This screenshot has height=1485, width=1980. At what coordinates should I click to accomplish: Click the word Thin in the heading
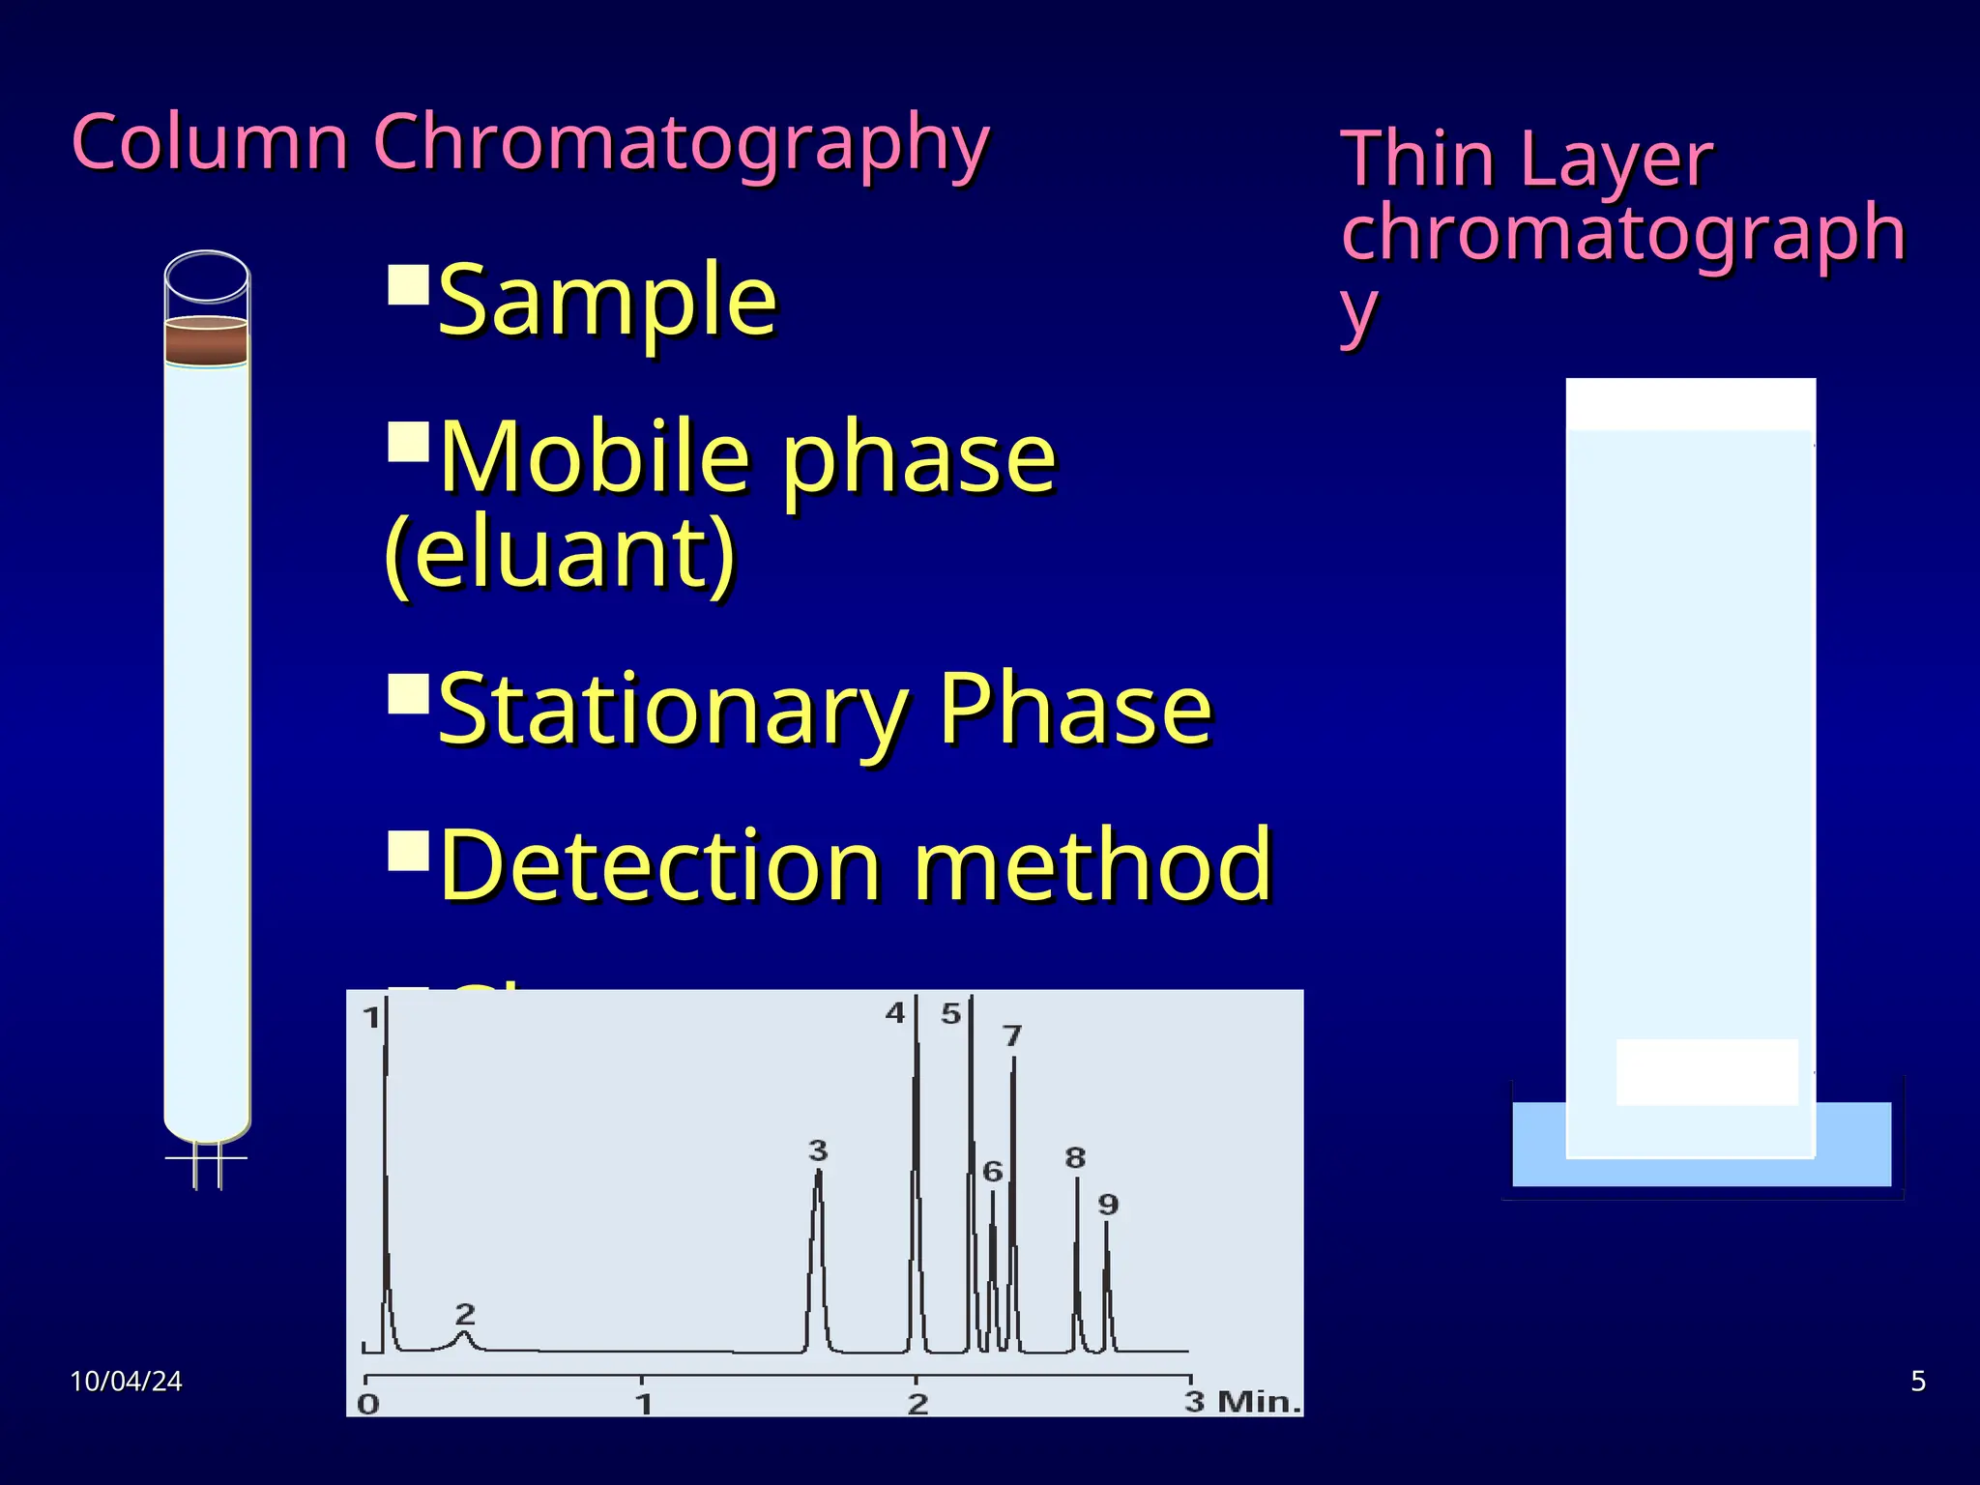1417,160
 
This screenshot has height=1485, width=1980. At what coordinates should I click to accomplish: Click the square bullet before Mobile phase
407,442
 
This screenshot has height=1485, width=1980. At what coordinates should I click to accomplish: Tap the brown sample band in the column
206,341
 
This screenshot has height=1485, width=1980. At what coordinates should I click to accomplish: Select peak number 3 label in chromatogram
818,1150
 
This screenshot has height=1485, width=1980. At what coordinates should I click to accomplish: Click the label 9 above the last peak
1108,1205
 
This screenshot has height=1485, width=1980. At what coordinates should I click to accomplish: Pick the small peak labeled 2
465,1338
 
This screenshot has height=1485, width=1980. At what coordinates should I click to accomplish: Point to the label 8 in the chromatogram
1075,1157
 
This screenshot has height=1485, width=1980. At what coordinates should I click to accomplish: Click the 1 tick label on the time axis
643,1403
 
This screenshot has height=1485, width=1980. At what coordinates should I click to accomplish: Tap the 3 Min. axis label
1243,1401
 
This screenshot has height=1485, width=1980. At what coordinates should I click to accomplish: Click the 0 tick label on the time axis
368,1403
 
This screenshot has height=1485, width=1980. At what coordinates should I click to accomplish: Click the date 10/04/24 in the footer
126,1382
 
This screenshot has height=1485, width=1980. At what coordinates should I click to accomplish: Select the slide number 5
1918,1382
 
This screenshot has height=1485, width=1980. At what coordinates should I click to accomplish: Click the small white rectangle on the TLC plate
1706,1071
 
